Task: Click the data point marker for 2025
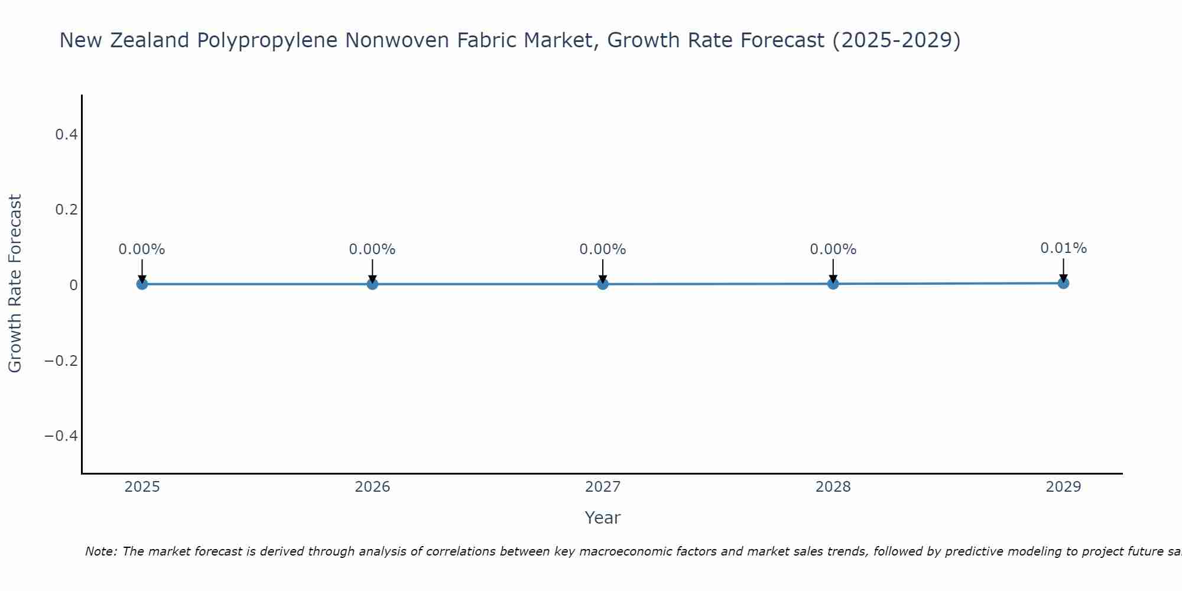coord(142,284)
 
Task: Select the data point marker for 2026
coord(372,284)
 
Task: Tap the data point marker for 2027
coord(603,284)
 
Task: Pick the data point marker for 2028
coord(833,284)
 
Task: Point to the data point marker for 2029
coord(1063,283)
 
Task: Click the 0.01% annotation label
coord(1063,248)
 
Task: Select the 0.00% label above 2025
coord(142,249)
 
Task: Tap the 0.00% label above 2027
coord(603,249)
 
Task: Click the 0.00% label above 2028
coord(833,249)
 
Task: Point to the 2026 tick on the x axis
coord(372,487)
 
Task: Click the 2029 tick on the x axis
coord(1063,487)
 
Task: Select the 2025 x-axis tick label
coord(142,487)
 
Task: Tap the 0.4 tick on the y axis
coord(66,135)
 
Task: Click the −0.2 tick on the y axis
coord(61,361)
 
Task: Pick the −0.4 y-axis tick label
coord(61,436)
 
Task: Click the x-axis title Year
coord(602,518)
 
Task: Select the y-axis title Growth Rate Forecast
coord(15,284)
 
